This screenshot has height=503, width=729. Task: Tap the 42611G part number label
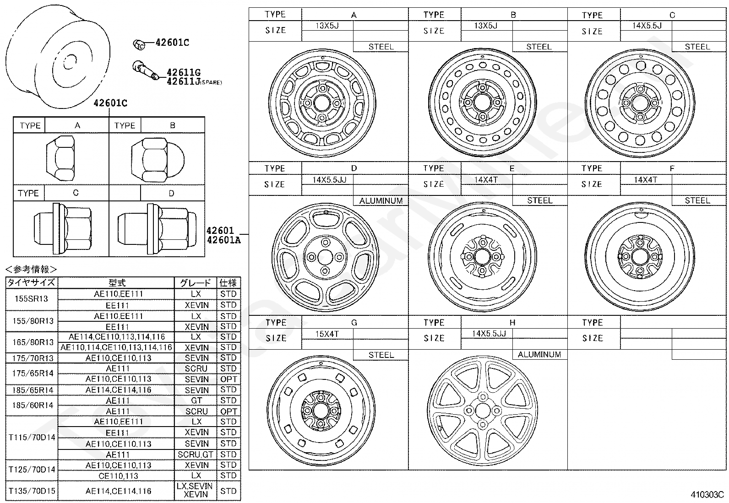click(184, 72)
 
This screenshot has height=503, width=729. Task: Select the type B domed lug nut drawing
click(158, 160)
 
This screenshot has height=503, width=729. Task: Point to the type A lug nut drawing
click(60, 158)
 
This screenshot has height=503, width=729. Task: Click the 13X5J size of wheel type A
click(327, 26)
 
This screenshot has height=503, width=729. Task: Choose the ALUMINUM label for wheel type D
click(381, 201)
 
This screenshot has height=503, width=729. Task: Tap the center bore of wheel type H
click(483, 410)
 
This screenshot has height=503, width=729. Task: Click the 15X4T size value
click(327, 334)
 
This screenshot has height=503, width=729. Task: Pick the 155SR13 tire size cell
click(31, 299)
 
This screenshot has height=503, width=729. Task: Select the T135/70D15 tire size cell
click(32, 491)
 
